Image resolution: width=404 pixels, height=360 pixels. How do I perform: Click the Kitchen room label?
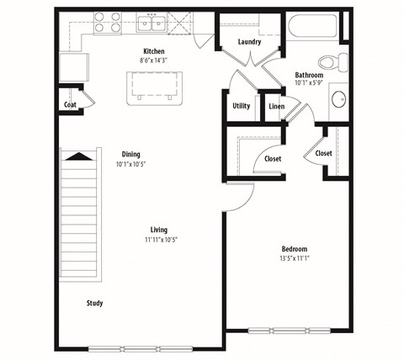(153, 52)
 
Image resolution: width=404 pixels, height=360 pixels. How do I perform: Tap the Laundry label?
(249, 42)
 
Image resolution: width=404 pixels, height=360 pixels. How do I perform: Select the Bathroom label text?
(310, 75)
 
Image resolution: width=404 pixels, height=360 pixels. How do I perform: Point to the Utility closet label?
(241, 106)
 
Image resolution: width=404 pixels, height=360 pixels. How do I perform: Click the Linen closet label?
(276, 106)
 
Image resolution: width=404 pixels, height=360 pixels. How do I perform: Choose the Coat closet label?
(70, 105)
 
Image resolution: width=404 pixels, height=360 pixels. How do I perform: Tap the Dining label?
(130, 154)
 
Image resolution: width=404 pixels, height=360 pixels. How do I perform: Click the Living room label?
(158, 230)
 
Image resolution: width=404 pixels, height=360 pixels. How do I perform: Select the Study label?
(94, 303)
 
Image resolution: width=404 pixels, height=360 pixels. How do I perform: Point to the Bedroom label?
(295, 249)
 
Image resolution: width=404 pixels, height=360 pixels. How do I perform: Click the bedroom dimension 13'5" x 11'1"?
(295, 259)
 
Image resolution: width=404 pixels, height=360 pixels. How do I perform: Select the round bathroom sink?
(339, 99)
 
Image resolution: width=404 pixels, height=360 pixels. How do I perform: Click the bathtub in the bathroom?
(311, 26)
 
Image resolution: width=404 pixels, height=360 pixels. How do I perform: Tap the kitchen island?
(156, 86)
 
